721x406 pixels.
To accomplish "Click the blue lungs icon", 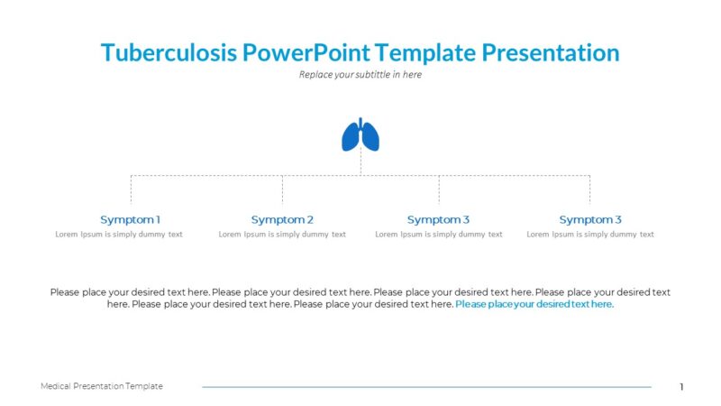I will coord(360,134).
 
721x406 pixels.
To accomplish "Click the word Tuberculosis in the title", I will coord(169,52).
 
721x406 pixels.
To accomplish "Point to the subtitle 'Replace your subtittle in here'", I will coord(360,75).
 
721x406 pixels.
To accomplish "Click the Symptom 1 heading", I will coord(130,219).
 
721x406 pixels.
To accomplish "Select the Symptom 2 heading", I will coord(282,219).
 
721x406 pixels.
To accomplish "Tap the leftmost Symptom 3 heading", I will coord(438,219).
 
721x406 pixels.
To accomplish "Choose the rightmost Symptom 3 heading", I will coord(590,219).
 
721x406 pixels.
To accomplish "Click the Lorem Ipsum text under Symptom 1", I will coord(119,235).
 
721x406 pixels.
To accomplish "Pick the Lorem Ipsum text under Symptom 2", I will coord(282,235).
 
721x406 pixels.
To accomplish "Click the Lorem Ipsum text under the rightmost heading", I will coord(590,235).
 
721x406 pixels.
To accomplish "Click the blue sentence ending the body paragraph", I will coord(534,305).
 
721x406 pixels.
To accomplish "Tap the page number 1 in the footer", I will coord(681,387).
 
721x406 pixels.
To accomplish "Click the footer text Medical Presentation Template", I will coord(102,386).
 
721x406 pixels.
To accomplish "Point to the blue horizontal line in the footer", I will coord(425,387).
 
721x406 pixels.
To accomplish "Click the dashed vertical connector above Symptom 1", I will coord(131,189).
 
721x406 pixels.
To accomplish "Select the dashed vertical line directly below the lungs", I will coord(360,163).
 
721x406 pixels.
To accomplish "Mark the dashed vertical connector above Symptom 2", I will coord(282,189).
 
